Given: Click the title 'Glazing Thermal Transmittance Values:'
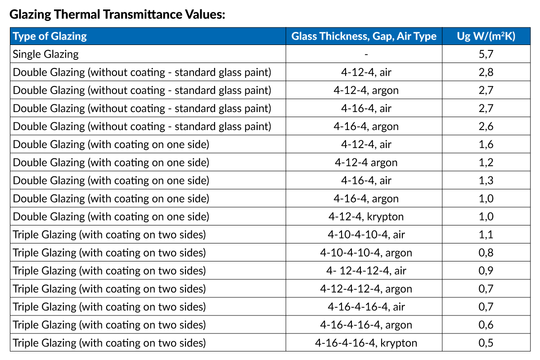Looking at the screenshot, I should point(117,14).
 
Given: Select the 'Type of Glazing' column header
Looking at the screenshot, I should point(50,36).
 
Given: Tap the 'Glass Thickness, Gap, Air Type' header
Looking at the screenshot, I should point(364,36).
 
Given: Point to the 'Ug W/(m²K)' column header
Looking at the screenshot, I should point(486,36).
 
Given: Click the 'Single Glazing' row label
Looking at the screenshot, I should point(45,54).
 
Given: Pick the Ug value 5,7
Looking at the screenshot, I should point(486,54).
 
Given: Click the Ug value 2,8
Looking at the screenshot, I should point(486,72).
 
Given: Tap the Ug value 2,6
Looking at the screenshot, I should point(486,126).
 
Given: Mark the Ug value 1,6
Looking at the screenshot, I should point(486,144).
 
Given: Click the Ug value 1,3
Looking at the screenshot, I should point(486,180).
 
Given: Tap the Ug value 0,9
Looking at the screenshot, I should point(486,270).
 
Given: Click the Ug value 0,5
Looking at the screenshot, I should point(486,343).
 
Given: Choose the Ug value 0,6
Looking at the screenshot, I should point(486,324).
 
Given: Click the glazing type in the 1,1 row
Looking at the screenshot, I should point(109,234).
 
